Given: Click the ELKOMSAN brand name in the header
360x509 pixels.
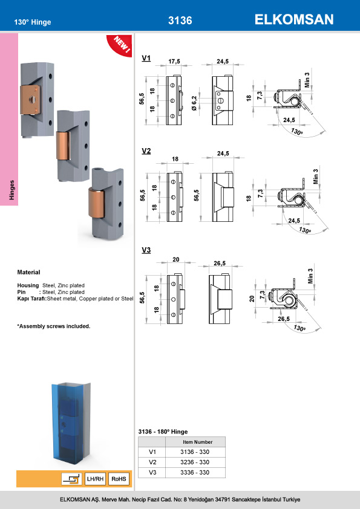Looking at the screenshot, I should [x=294, y=20].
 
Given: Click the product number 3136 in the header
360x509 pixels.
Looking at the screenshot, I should [x=180, y=21].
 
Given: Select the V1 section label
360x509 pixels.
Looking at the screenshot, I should [x=146, y=59].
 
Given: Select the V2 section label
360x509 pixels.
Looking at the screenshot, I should [x=146, y=152].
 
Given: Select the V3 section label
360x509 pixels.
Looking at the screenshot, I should [x=146, y=250].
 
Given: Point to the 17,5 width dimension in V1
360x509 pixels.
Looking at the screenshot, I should [x=175, y=62].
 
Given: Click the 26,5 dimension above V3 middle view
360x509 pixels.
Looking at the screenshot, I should [x=220, y=263].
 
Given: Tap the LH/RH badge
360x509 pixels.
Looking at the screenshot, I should [x=95, y=479].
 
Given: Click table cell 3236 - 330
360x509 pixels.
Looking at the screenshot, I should [x=195, y=461].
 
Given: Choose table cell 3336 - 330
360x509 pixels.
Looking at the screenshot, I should [x=195, y=472].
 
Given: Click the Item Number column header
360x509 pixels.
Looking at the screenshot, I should [x=195, y=441].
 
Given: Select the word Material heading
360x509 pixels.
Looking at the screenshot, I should [x=28, y=273].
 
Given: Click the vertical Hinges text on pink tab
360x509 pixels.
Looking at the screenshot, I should [x=11, y=189].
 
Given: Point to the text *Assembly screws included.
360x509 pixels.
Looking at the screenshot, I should [x=54, y=326].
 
